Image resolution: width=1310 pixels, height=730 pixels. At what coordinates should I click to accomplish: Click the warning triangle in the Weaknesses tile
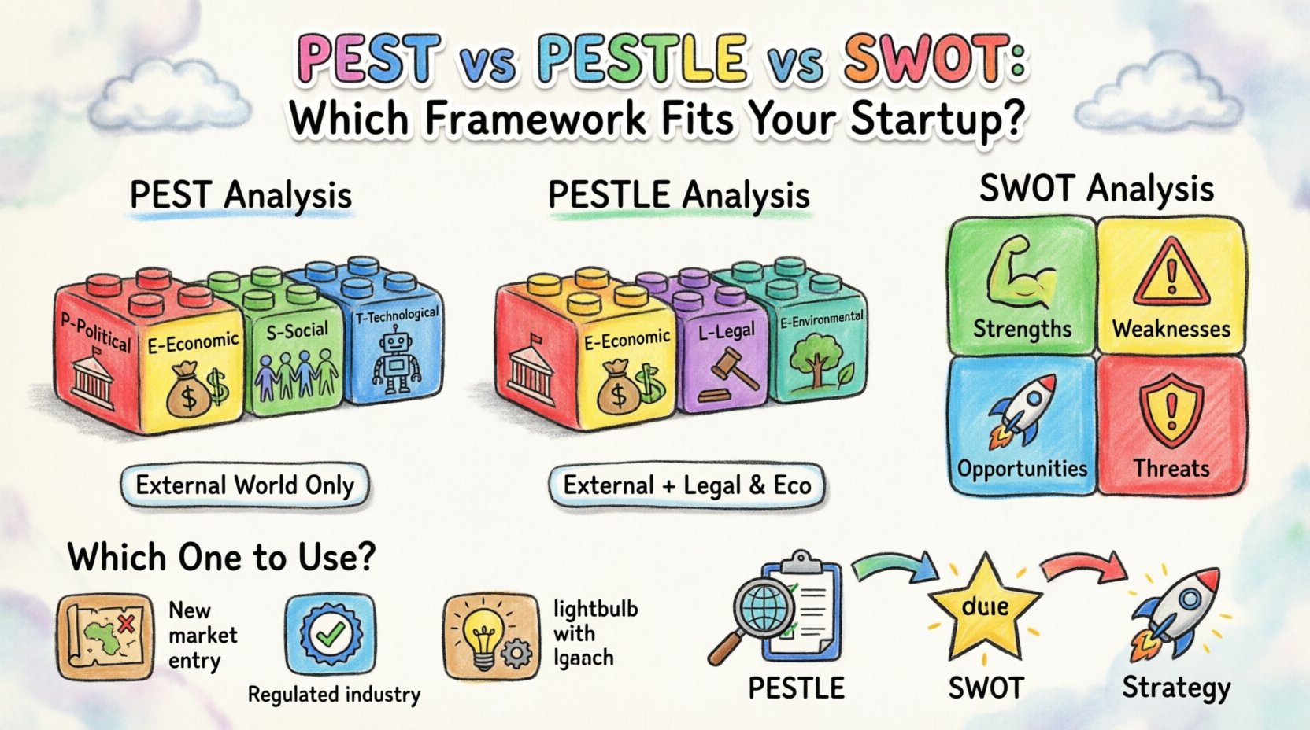(1171, 276)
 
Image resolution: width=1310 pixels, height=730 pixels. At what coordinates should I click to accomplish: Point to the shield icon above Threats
(1171, 413)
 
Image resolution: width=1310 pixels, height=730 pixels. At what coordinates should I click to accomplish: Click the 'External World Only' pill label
(245, 485)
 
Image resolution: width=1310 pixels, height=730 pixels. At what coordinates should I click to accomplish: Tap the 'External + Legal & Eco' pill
(687, 485)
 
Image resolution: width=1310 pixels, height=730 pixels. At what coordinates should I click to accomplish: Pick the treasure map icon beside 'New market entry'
(105, 636)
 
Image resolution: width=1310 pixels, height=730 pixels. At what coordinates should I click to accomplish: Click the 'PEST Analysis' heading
(241, 195)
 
